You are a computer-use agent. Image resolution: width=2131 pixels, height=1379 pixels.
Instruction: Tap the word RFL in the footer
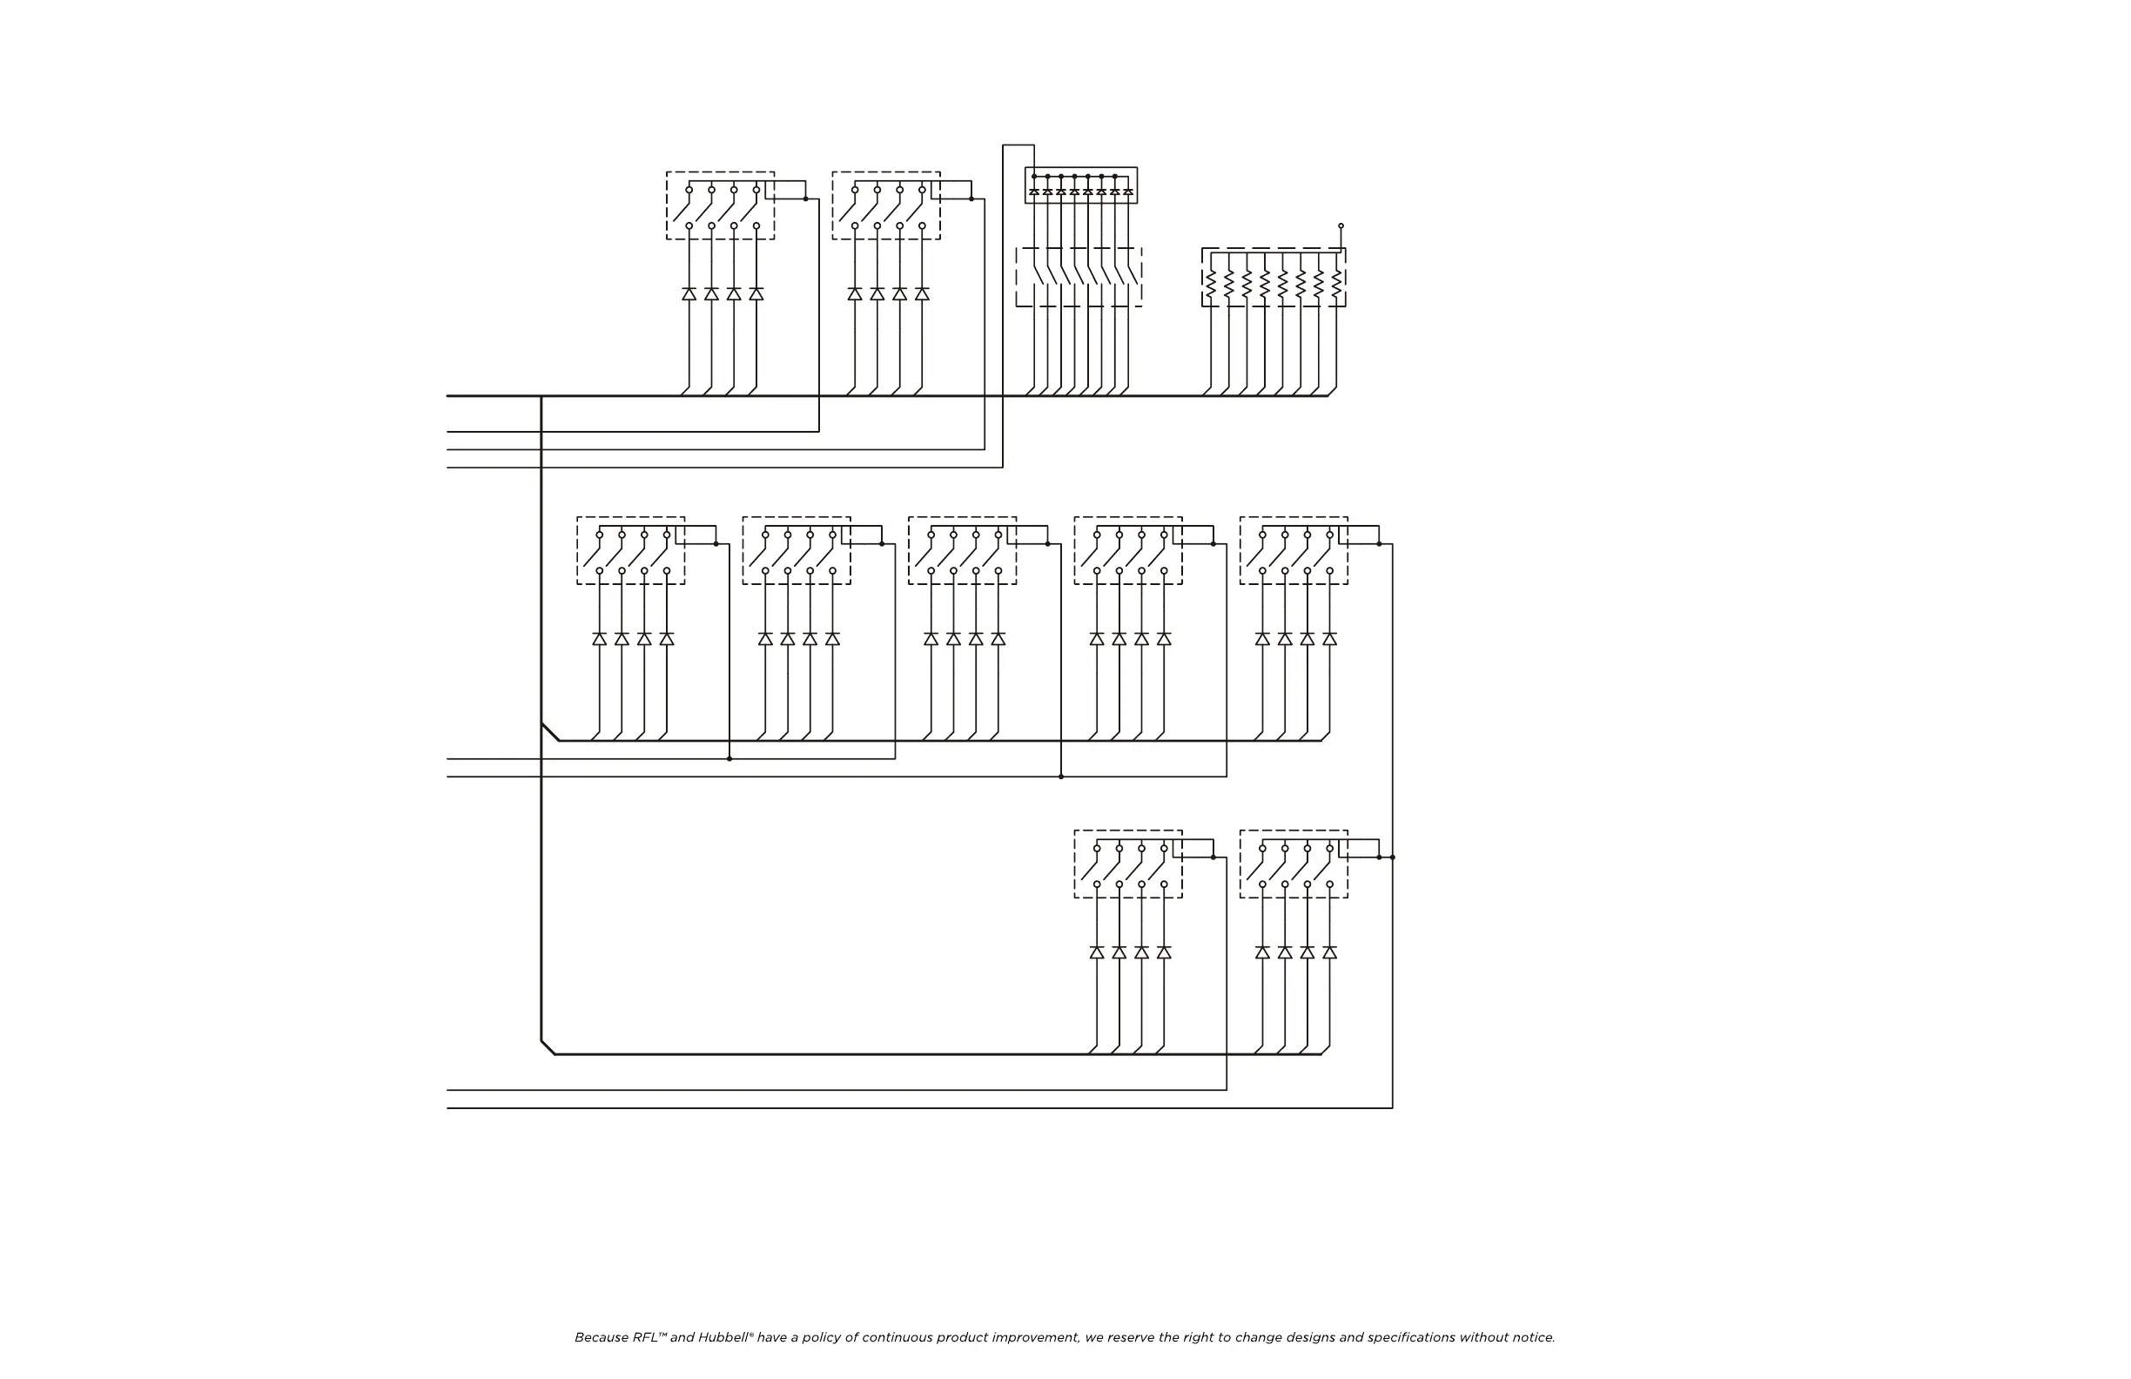tap(647, 1338)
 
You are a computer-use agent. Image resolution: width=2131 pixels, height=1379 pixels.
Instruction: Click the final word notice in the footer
tap(1533, 1338)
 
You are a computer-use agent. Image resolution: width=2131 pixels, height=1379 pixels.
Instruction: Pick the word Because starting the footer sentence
tap(602, 1338)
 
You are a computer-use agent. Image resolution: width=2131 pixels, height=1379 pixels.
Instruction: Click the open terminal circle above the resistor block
tap(1341, 225)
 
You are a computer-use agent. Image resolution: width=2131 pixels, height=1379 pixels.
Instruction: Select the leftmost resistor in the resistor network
tap(1211, 285)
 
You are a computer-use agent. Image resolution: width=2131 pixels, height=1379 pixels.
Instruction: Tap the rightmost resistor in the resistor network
tap(1336, 285)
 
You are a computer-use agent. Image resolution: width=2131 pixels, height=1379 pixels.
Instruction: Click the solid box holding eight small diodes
tap(1080, 185)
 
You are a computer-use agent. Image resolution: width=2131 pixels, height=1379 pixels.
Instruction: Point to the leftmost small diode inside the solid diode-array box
tap(1034, 192)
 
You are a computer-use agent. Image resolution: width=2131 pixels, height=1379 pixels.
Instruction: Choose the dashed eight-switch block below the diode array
tap(1078, 278)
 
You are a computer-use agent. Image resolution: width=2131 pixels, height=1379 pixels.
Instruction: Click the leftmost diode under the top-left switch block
tap(689, 293)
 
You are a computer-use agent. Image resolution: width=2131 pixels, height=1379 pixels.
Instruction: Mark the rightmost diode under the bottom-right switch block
tap(1329, 952)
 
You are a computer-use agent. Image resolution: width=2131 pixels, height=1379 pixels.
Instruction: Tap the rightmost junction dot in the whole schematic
tap(1392, 857)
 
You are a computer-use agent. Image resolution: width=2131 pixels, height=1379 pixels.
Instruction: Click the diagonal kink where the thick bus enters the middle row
tap(550, 731)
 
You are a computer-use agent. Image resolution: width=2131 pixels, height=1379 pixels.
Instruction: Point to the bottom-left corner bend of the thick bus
tap(547, 1047)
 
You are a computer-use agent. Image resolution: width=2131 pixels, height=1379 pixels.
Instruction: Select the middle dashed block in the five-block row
tap(962, 550)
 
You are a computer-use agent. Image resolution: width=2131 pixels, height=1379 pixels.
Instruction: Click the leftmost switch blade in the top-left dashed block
tap(682, 211)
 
